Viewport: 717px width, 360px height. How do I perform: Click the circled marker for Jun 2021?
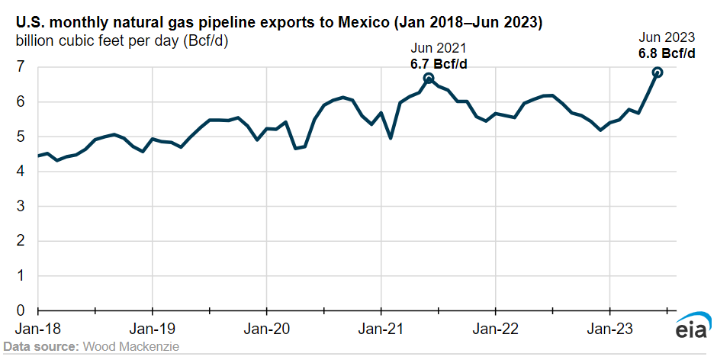point(429,79)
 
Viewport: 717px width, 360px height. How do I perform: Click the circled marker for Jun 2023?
point(658,72)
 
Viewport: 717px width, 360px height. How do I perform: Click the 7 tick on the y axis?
point(21,67)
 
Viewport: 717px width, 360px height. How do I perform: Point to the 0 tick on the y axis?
point(21,311)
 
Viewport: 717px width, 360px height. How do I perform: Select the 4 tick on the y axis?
point(21,172)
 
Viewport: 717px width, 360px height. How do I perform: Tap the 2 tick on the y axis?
point(21,241)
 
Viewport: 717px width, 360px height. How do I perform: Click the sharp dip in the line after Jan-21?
point(391,138)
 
